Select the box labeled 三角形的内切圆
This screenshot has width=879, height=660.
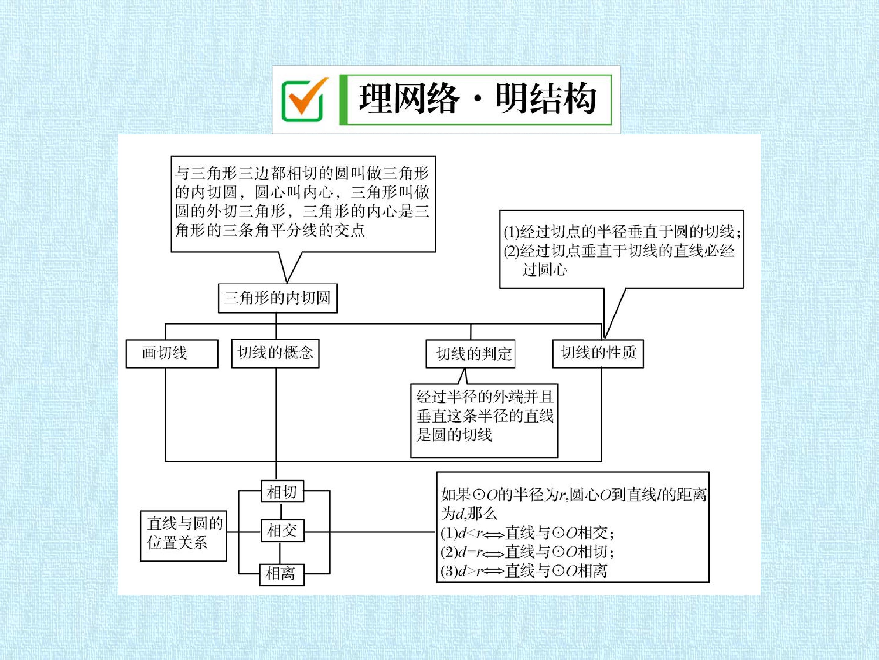pyautogui.click(x=278, y=298)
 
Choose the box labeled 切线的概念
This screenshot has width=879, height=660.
pyautogui.click(x=275, y=353)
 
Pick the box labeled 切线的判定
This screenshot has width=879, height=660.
pyautogui.click(x=471, y=354)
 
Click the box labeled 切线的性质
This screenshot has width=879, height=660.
pyautogui.click(x=598, y=353)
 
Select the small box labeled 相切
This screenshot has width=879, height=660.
pyautogui.click(x=282, y=492)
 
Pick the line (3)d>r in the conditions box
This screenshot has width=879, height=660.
pyautogui.click(x=524, y=571)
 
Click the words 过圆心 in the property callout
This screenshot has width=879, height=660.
pyautogui.click(x=544, y=270)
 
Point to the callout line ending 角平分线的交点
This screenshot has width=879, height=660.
pyautogui.click(x=270, y=230)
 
